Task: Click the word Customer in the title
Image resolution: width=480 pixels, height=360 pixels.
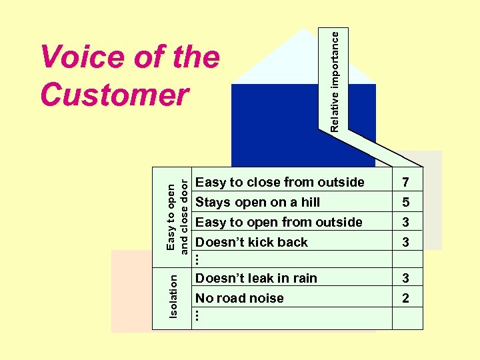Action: pyautogui.click(x=114, y=95)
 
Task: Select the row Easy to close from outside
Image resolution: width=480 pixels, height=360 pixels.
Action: pyautogui.click(x=280, y=182)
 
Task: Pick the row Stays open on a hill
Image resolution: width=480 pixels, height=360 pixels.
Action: pyautogui.click(x=258, y=202)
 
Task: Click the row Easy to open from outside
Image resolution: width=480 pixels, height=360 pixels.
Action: pyautogui.click(x=279, y=222)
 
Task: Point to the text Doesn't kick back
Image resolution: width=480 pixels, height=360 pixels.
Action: pyautogui.click(x=252, y=242)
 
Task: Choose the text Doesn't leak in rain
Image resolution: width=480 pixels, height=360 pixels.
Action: pyautogui.click(x=257, y=278)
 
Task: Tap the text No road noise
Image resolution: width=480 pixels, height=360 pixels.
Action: pyautogui.click(x=240, y=298)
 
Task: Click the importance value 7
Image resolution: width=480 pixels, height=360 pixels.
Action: pyautogui.click(x=406, y=182)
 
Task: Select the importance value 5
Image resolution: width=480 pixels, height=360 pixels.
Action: pyautogui.click(x=406, y=202)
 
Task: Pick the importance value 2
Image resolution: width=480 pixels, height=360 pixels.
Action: pyautogui.click(x=406, y=298)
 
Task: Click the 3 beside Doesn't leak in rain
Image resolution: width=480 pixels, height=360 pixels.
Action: pyautogui.click(x=406, y=278)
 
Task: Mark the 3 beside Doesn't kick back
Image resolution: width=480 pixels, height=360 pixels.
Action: pyautogui.click(x=406, y=242)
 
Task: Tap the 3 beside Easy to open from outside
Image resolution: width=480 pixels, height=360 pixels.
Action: pyautogui.click(x=406, y=222)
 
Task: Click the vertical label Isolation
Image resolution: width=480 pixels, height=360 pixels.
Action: pyautogui.click(x=173, y=296)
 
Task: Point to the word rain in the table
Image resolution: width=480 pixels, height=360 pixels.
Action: pyautogui.click(x=304, y=278)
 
